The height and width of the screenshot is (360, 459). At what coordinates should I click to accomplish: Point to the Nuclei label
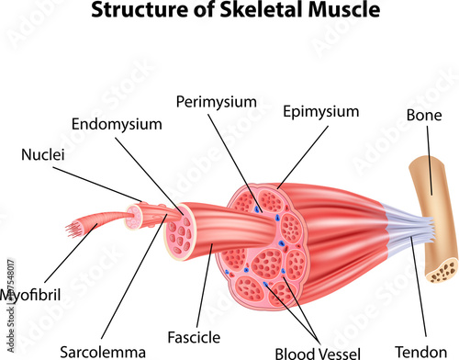point(43,154)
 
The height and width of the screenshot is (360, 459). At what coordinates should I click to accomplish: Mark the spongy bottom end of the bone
point(446,268)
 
